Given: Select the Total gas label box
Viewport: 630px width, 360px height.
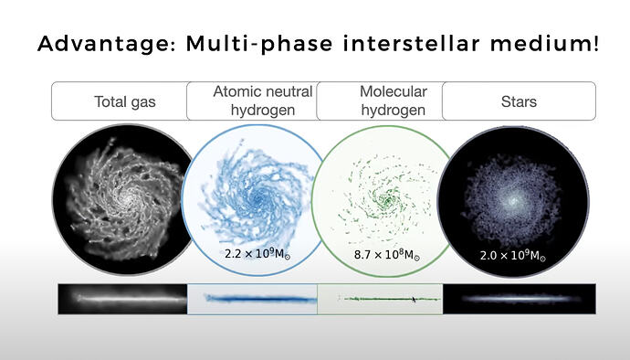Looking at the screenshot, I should coord(124,101).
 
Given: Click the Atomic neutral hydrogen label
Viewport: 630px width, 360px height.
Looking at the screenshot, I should coord(262,101).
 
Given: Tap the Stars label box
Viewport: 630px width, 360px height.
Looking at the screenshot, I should coord(518,101).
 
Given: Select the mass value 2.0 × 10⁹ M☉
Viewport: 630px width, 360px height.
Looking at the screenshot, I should coord(512,257).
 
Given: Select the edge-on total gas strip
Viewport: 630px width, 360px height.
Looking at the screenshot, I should coord(122,299).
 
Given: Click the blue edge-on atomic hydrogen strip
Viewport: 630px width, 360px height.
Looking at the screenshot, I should coord(252,299).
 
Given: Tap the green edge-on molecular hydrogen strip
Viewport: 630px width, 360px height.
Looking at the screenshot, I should coord(381,299).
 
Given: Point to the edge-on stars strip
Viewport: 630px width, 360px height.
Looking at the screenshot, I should coord(519,299).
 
